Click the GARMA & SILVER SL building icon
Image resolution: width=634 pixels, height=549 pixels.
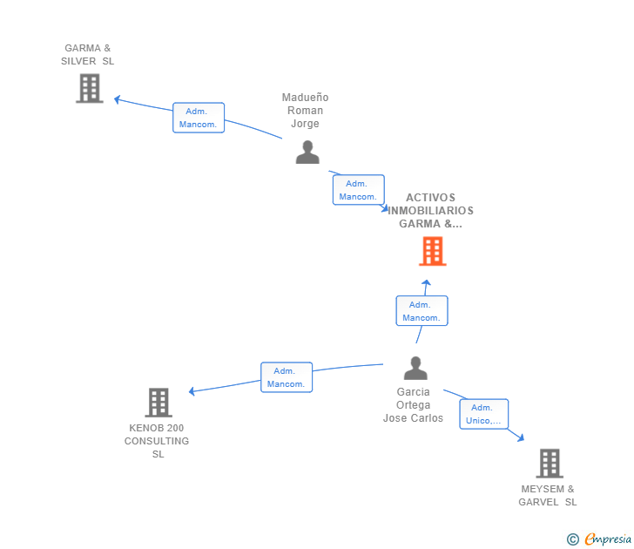89,88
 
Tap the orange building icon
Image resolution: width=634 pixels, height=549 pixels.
432,251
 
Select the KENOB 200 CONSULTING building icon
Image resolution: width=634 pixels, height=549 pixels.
158,403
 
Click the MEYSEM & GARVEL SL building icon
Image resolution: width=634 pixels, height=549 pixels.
549,464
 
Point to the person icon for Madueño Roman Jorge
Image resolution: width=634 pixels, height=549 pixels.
307,152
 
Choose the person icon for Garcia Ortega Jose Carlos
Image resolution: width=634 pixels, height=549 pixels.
415,369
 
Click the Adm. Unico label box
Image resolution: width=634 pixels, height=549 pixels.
484,414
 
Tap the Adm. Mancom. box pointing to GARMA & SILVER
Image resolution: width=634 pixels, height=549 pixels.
199,118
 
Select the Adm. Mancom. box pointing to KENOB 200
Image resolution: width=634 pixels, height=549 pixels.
287,377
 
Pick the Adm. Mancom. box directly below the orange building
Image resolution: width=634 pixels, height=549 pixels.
422,311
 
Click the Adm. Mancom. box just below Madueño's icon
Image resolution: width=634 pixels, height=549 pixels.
358,190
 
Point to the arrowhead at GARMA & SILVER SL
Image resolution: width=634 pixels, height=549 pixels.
118,99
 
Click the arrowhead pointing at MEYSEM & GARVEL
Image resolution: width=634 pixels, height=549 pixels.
520,438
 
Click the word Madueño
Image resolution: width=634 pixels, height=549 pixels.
306,98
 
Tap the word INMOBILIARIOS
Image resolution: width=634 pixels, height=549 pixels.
432,211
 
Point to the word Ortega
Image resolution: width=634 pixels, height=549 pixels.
413,405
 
